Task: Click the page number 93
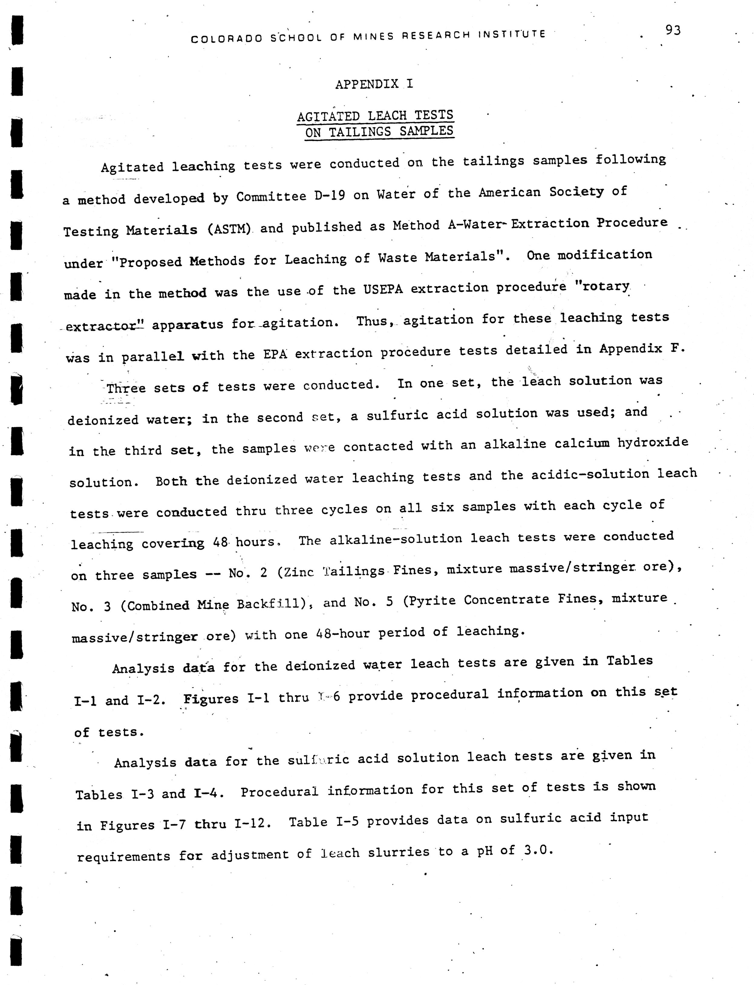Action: tap(673, 31)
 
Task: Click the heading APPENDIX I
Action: tap(374, 84)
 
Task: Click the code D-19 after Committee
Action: tap(329, 196)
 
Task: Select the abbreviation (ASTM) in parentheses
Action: tap(229, 229)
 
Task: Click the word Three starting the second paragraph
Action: tap(126, 388)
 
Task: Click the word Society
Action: tap(577, 192)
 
